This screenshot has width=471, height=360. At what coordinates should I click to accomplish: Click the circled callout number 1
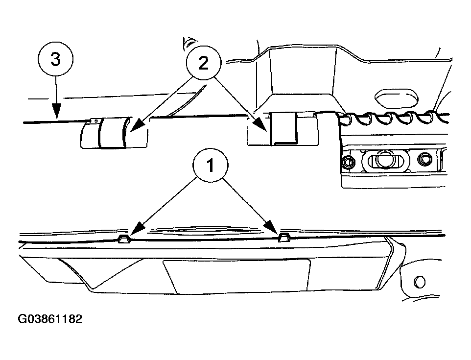tap(210, 165)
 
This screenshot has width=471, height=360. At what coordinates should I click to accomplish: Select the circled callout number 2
tap(203, 63)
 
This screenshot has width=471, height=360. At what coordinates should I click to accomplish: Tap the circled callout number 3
tap(56, 59)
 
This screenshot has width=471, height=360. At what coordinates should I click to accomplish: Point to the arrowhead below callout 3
tap(56, 111)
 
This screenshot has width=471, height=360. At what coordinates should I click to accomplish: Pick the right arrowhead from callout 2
tap(260, 124)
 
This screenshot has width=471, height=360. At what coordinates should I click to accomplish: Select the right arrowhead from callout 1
tap(272, 227)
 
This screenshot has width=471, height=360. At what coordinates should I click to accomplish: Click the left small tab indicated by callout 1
tap(124, 239)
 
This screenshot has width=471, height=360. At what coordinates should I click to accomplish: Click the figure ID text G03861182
tap(50, 319)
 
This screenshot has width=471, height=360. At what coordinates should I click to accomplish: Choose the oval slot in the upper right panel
tap(396, 98)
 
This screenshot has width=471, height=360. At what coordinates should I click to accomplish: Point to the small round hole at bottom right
tap(419, 282)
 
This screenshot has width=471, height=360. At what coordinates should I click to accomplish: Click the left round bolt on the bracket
tap(349, 162)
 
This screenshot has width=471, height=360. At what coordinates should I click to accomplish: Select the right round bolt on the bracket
tap(424, 159)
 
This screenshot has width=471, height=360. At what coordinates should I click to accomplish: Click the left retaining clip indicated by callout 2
tap(115, 133)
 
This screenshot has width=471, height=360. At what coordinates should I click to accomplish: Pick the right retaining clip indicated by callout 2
tap(283, 129)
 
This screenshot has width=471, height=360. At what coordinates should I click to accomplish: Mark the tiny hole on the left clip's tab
tap(96, 120)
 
